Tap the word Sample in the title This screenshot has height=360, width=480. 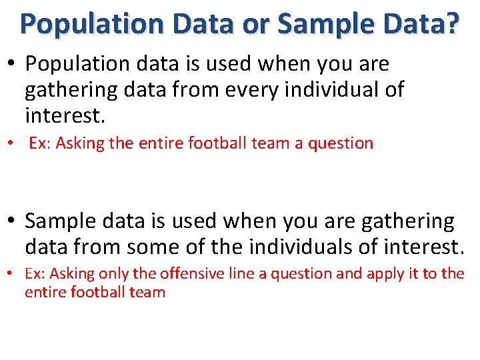(317, 24)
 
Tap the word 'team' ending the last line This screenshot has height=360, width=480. (145, 292)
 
